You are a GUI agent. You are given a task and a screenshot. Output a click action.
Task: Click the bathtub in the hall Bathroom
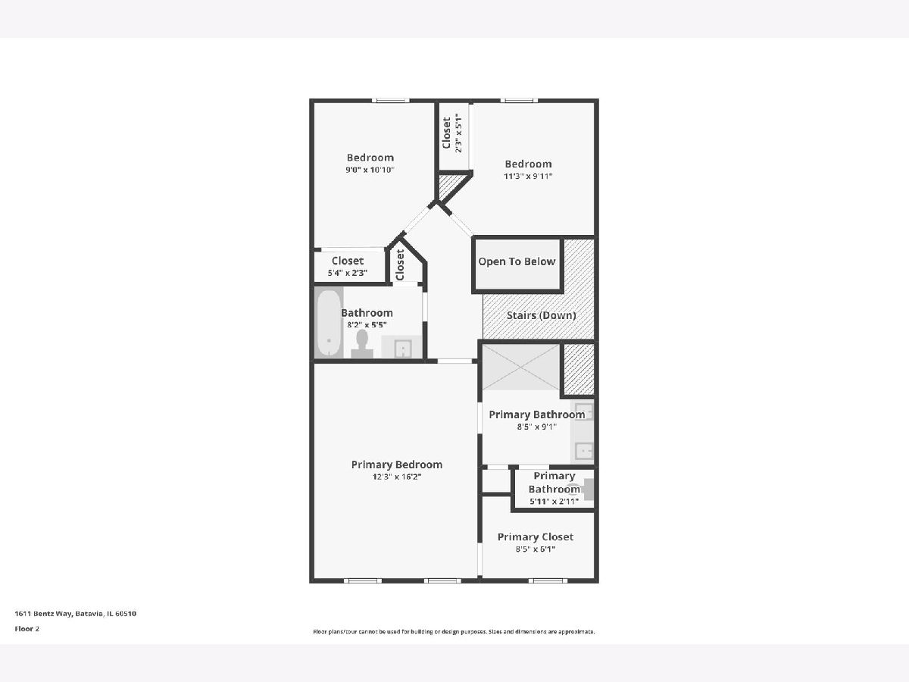pos(329,324)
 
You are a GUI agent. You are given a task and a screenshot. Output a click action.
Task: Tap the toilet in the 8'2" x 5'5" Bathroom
pos(362,344)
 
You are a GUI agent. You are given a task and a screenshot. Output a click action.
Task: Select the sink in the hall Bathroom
pos(401,347)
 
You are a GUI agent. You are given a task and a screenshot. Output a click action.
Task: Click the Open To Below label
pos(517,261)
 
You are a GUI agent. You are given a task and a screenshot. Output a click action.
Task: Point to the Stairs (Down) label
pos(542,315)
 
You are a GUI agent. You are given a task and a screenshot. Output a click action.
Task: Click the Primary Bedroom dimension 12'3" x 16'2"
pos(397,477)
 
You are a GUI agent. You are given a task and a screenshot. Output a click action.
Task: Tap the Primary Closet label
pos(535,537)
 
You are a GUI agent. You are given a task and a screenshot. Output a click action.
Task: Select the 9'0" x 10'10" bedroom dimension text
pos(370,170)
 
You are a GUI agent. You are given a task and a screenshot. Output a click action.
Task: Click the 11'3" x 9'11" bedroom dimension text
pos(528,176)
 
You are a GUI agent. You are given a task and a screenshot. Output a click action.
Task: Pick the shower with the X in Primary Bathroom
pos(521,368)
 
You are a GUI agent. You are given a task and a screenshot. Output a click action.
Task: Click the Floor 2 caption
pos(27,629)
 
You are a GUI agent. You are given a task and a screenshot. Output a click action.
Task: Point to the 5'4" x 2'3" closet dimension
pos(348,274)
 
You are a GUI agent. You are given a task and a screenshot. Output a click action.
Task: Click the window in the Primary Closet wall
pos(548,580)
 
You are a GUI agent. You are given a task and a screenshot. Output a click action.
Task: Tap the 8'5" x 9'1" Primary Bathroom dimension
pos(537,427)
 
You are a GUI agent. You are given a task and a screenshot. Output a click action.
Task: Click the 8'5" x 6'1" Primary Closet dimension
pos(535,549)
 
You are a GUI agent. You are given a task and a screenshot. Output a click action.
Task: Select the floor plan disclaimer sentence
pos(454,632)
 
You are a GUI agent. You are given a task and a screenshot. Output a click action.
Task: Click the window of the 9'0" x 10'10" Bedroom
pos(391,100)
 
